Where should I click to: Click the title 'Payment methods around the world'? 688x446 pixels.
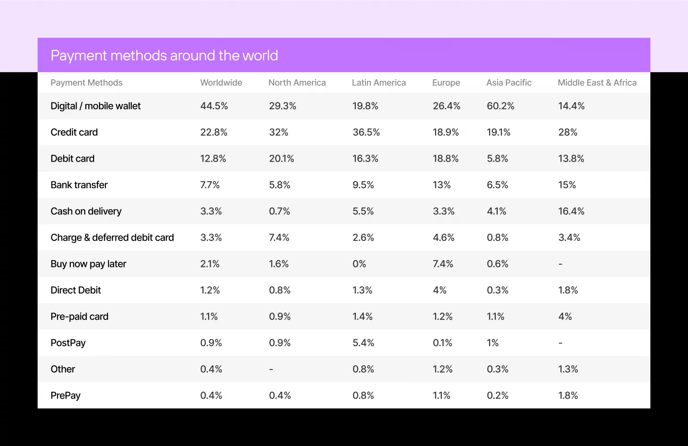(164, 56)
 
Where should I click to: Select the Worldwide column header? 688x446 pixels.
(221, 83)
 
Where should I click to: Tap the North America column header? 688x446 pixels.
(297, 83)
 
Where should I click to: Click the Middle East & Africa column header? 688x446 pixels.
(597, 83)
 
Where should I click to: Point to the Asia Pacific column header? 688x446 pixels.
(509, 83)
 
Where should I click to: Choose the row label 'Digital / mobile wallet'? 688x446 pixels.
(95, 106)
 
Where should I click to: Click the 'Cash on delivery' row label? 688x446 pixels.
(86, 211)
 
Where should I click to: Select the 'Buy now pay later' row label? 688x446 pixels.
(88, 264)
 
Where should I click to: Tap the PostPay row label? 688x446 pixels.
(68, 343)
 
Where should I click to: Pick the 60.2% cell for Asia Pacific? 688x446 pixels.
(500, 106)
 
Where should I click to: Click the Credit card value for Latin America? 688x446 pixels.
(366, 133)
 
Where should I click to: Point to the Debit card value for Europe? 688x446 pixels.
(445, 159)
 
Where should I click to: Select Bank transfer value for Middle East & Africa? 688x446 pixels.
(567, 185)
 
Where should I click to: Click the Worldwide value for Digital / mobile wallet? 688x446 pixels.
(214, 106)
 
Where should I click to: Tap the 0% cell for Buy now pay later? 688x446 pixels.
(359, 264)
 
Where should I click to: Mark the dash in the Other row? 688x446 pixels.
(271, 369)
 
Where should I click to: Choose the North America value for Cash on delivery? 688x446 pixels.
(279, 211)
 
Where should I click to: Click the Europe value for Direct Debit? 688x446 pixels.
(439, 291)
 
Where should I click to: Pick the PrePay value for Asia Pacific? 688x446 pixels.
(497, 396)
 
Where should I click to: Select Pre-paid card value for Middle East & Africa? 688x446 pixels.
(565, 317)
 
